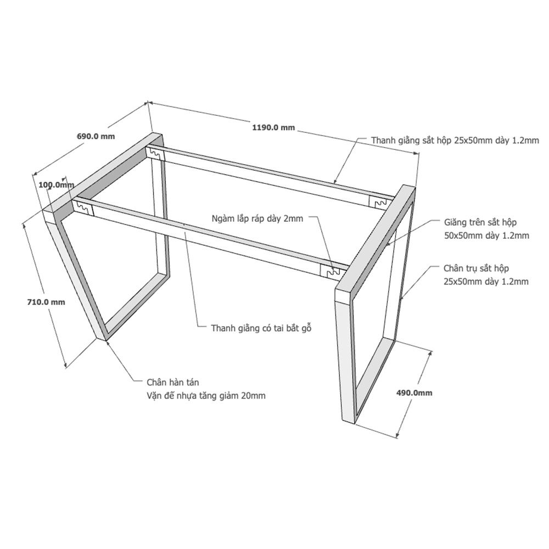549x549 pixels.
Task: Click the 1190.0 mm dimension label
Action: tap(273, 127)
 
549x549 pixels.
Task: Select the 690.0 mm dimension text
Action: tap(96, 136)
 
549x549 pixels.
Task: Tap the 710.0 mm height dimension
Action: tap(46, 302)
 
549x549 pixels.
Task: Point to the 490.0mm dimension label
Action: tap(414, 393)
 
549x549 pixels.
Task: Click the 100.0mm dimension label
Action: tap(57, 184)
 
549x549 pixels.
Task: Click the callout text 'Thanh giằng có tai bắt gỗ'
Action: tap(261, 328)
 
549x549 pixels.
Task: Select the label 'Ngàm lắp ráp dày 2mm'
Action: tap(257, 219)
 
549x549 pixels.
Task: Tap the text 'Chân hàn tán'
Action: tap(172, 382)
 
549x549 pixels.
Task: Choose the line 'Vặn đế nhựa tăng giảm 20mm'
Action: tap(206, 396)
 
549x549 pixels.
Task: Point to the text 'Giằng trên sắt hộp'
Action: tap(480, 222)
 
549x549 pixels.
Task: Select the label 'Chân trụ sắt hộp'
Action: tap(476, 268)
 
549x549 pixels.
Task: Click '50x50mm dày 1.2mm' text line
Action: tap(486, 236)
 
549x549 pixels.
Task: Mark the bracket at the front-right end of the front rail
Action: tap(330, 271)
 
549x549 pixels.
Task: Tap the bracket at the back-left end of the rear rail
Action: tap(155, 154)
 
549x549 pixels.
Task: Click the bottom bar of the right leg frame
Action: tap(374, 381)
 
